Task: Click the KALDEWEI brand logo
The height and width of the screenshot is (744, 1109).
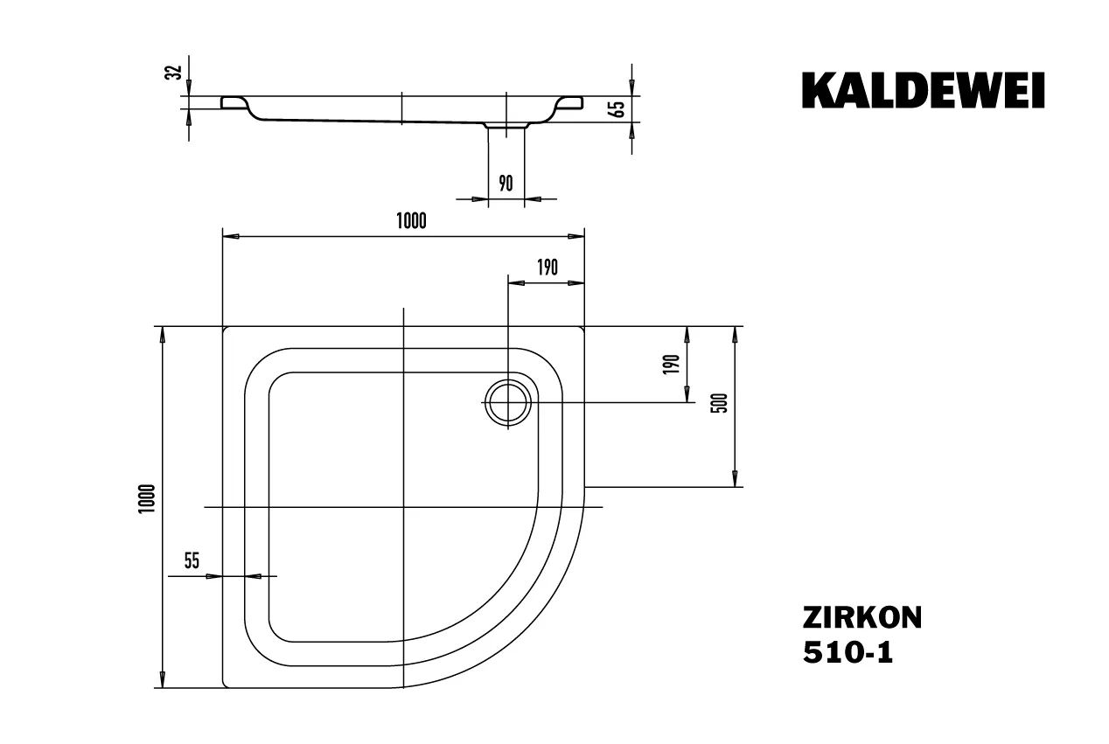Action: pyautogui.click(x=923, y=90)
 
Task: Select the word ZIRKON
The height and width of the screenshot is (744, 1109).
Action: pyautogui.click(x=861, y=618)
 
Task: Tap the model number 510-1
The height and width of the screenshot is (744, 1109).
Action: pyautogui.click(x=847, y=652)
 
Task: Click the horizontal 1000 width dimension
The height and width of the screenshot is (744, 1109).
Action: pyautogui.click(x=410, y=220)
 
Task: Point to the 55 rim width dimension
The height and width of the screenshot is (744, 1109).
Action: pyautogui.click(x=192, y=561)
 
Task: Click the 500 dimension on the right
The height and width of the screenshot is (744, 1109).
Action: pyautogui.click(x=720, y=404)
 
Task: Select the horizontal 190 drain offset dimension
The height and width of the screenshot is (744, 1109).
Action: pyautogui.click(x=547, y=268)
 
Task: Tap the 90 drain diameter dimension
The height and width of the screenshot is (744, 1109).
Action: pyautogui.click(x=506, y=183)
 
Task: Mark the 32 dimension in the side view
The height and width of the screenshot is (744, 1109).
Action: pyautogui.click(x=174, y=73)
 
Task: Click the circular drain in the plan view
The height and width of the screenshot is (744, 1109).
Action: pyautogui.click(x=507, y=402)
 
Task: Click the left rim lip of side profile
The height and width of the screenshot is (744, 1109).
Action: pyautogui.click(x=234, y=103)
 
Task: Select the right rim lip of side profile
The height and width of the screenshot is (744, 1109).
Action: pyautogui.click(x=568, y=103)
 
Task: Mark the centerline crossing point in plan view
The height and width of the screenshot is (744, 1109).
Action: pyautogui.click(x=403, y=507)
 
